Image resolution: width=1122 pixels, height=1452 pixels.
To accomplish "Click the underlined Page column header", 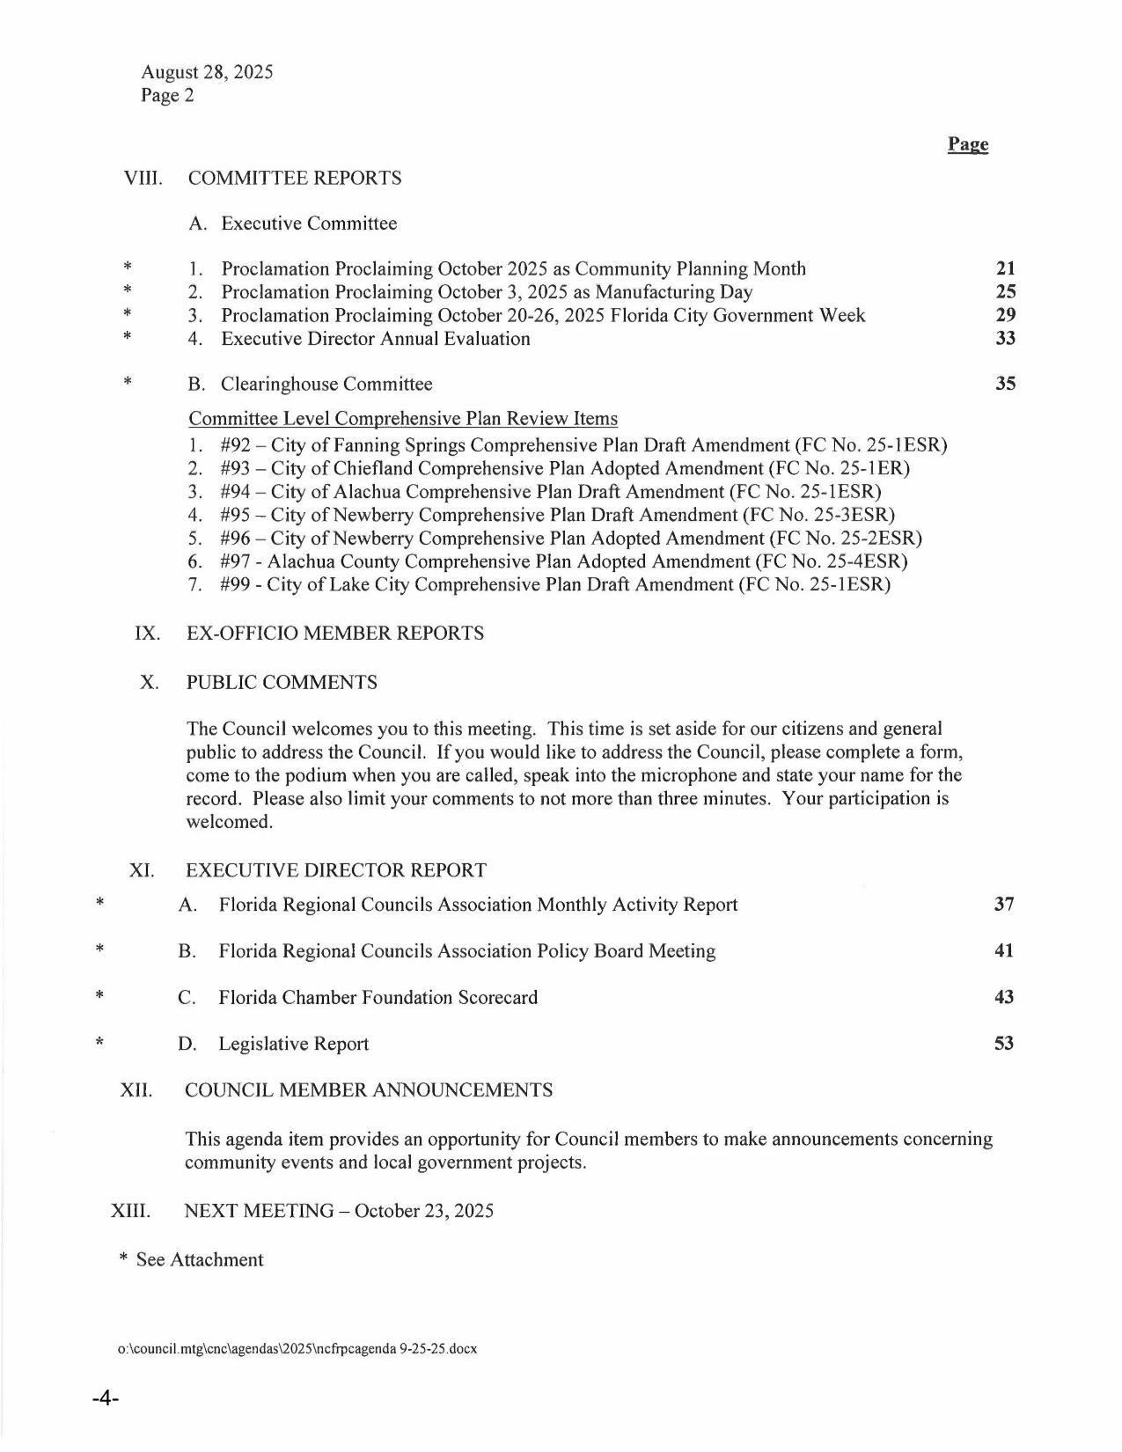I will pos(967,144).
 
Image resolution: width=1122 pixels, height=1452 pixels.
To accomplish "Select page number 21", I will pos(1005,268).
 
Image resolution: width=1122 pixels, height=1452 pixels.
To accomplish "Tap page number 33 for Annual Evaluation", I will pos(1005,338).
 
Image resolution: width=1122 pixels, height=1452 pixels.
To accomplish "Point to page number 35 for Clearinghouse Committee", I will pos(1005,384).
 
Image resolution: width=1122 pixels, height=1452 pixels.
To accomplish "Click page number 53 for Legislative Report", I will pos(1003,1043).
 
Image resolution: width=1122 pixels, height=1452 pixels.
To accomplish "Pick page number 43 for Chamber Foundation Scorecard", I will pos(1003,997).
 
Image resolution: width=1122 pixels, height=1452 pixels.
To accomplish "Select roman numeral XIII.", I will pos(130,1211).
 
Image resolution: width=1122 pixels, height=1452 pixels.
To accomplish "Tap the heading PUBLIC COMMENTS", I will pos(282,683).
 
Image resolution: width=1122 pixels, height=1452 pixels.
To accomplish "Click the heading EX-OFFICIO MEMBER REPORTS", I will pos(334,634).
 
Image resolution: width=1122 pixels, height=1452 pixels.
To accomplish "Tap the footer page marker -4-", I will pos(105,1399).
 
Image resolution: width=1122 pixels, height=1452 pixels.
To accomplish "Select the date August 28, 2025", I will pos(207,72).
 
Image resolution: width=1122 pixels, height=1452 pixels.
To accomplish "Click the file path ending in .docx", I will pos(297,1348).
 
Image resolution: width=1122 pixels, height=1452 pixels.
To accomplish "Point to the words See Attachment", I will pos(199,1260).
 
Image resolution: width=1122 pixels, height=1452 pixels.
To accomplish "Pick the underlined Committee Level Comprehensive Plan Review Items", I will pos(403,419).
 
